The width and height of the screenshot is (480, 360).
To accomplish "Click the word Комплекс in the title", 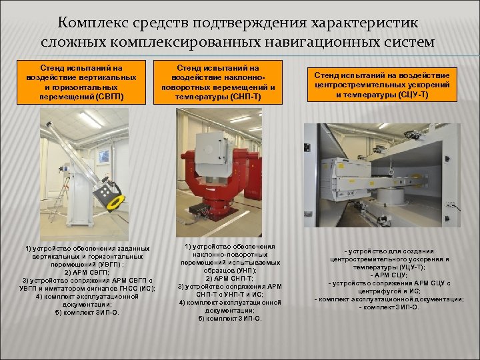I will pos(92,23).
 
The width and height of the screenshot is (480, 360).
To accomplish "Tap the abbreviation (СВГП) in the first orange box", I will pos(109,96).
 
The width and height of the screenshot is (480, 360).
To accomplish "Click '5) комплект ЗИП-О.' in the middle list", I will pos(221,318).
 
